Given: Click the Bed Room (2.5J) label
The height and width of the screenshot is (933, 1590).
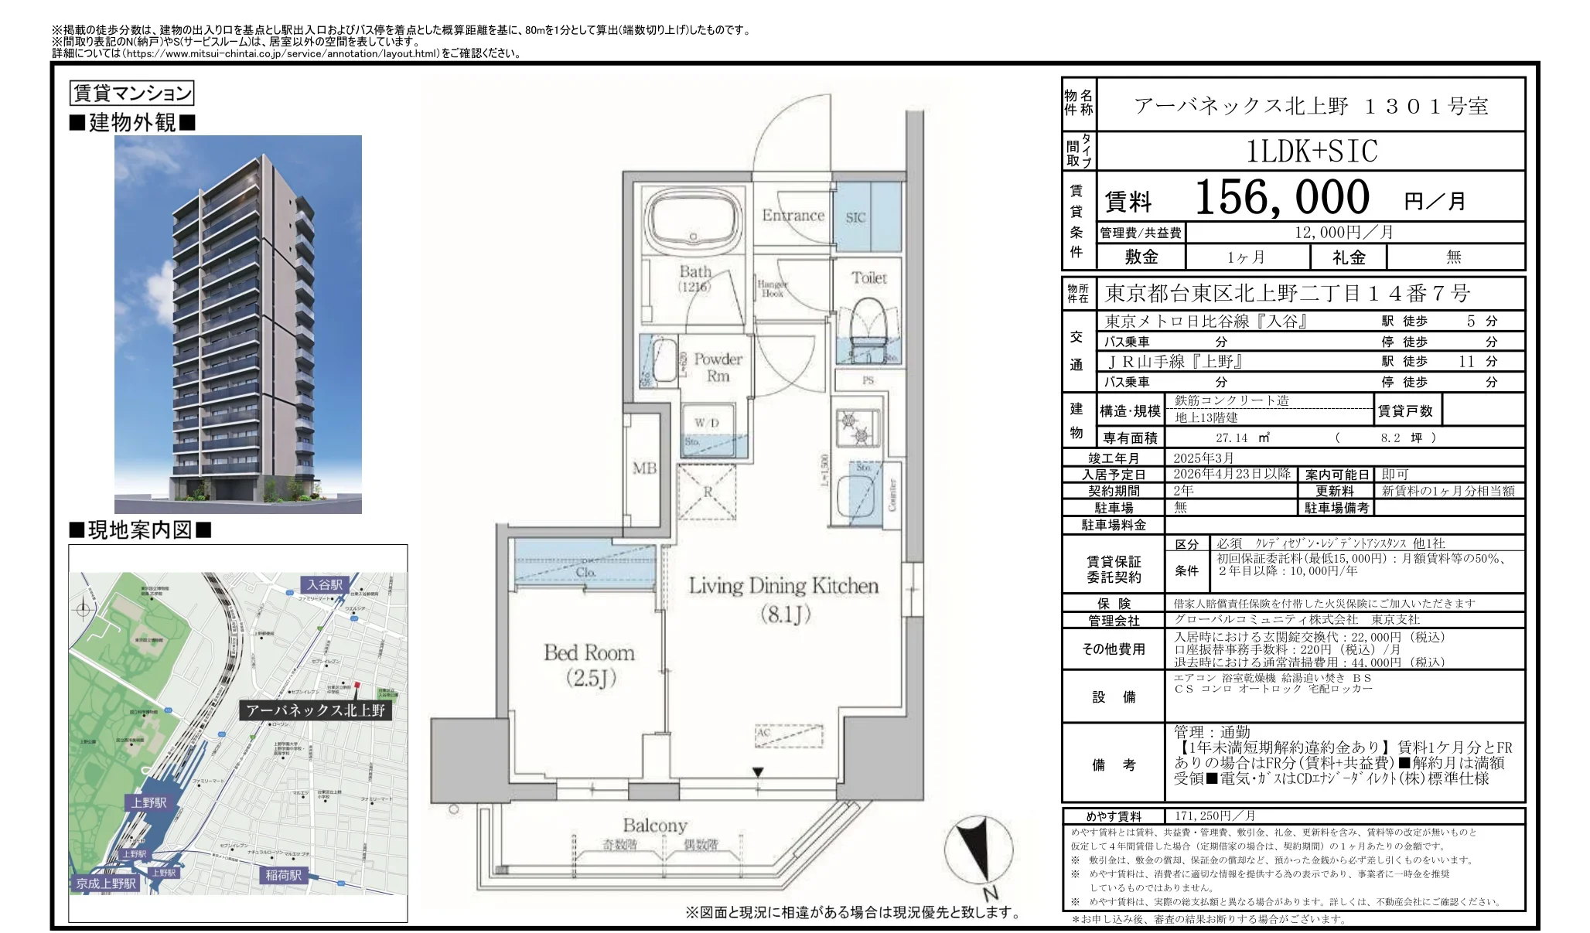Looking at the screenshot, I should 589,665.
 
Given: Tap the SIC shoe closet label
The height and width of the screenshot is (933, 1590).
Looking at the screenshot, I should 855,218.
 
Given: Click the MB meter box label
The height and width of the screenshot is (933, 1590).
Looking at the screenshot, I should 644,468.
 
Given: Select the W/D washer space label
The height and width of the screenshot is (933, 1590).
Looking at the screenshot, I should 706,423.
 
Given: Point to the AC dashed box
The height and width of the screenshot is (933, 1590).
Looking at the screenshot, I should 789,734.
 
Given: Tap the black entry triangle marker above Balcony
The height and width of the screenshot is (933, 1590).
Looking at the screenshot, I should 758,772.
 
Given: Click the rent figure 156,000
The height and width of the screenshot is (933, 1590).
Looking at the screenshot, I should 1281,198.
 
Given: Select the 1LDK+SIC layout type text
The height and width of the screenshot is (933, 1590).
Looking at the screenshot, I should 1311,152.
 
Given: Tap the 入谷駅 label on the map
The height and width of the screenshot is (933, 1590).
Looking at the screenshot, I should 325,584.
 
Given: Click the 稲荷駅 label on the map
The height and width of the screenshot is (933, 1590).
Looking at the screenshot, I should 283,875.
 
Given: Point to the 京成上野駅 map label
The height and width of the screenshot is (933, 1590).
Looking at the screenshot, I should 106,883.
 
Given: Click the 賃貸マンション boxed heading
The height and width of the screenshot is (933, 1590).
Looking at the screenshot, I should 131,94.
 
